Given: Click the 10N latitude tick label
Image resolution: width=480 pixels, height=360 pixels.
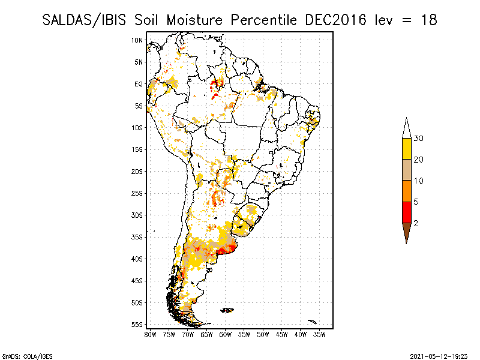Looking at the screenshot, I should click(137, 40).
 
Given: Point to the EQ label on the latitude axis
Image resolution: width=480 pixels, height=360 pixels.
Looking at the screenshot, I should click(139, 84).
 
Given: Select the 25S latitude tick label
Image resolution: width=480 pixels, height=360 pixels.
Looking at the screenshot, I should click(137, 193).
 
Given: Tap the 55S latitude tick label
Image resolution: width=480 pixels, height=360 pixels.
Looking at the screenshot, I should click(137, 325).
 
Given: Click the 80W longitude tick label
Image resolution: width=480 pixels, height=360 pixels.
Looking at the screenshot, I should click(150, 334).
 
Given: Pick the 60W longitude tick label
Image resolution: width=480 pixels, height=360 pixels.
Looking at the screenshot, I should click(226, 334).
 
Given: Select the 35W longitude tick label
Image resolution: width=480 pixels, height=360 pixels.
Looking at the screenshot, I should click(320, 334).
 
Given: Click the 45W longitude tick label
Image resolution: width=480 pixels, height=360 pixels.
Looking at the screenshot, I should click(282, 334).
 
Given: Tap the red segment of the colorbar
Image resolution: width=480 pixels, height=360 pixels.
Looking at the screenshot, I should click(406, 212).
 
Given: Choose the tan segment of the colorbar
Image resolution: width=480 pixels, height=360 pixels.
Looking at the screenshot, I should click(406, 170).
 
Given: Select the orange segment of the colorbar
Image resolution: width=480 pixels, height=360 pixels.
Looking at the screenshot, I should click(406, 191).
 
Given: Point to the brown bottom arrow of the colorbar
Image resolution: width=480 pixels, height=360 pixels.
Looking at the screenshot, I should click(406, 232).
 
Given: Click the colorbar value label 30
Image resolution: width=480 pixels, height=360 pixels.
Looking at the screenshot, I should click(419, 139).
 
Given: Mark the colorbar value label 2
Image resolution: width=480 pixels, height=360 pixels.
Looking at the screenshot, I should click(416, 223).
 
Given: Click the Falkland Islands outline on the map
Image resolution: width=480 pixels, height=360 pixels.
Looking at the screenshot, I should click(227, 310).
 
